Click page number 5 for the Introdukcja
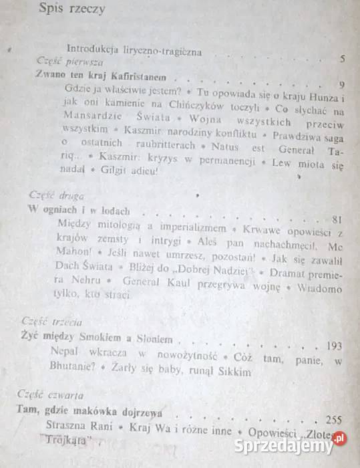[341, 59]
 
